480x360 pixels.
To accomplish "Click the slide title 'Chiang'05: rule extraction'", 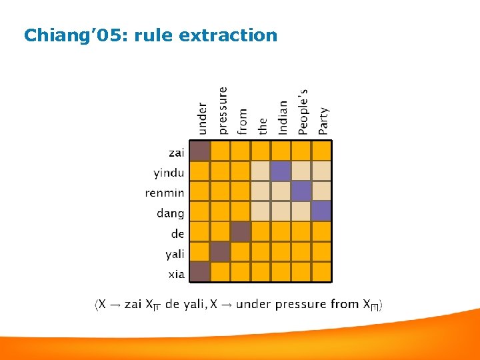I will pyautogui.click(x=150, y=35).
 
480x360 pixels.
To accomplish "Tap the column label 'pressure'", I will pyautogui.click(x=222, y=110).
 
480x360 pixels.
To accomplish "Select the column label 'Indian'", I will pyautogui.click(x=283, y=117).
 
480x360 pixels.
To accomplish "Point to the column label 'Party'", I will pyautogui.click(x=323, y=121).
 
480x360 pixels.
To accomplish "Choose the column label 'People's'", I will pyautogui.click(x=303, y=111).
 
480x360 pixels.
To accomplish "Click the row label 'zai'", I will pyautogui.click(x=176, y=153).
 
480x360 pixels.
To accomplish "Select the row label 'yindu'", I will pyautogui.click(x=169, y=173).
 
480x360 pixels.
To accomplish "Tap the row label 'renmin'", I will pyautogui.click(x=165, y=193).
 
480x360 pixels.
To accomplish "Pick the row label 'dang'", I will pyautogui.click(x=170, y=213).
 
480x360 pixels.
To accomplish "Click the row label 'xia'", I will pyautogui.click(x=176, y=274).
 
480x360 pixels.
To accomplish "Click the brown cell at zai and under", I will pyautogui.click(x=200, y=151).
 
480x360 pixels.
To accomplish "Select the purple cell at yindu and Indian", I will pyautogui.click(x=281, y=171).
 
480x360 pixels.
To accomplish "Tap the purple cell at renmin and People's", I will pyautogui.click(x=301, y=191).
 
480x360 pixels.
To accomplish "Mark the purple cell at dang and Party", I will pyautogui.click(x=321, y=211).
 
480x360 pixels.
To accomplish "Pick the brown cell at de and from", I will pyautogui.click(x=241, y=231).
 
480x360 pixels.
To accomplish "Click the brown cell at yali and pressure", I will pyautogui.click(x=220, y=251).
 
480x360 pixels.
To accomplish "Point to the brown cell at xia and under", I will pyautogui.click(x=200, y=271).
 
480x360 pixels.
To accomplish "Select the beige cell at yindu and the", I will pyautogui.click(x=261, y=171).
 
